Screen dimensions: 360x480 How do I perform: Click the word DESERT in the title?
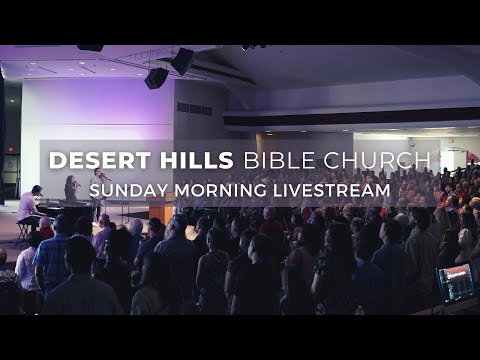93,161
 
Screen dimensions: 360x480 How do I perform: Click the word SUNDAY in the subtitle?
122,189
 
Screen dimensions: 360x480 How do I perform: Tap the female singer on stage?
71,190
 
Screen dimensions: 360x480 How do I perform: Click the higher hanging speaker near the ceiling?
182,61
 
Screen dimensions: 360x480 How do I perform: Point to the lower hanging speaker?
156,78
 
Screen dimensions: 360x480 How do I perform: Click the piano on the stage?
60,207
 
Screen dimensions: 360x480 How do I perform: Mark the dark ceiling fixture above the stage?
90,47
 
